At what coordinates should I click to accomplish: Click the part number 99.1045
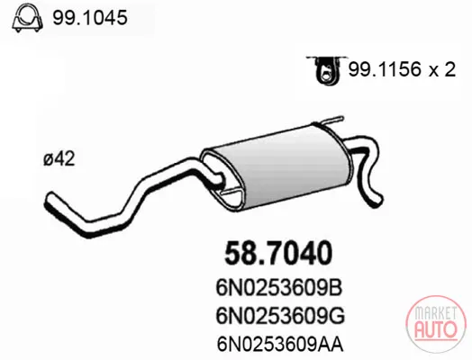click(90, 18)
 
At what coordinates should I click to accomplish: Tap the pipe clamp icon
click(27, 19)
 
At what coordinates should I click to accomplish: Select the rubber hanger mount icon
click(327, 69)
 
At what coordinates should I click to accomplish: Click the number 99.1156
click(384, 70)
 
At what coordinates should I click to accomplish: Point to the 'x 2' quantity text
click(442, 70)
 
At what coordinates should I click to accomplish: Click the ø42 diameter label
click(59, 158)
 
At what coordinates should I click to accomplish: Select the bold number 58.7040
click(278, 253)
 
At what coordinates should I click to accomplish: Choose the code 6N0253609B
click(279, 288)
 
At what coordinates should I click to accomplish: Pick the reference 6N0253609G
click(280, 316)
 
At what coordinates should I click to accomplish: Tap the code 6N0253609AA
click(280, 344)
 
